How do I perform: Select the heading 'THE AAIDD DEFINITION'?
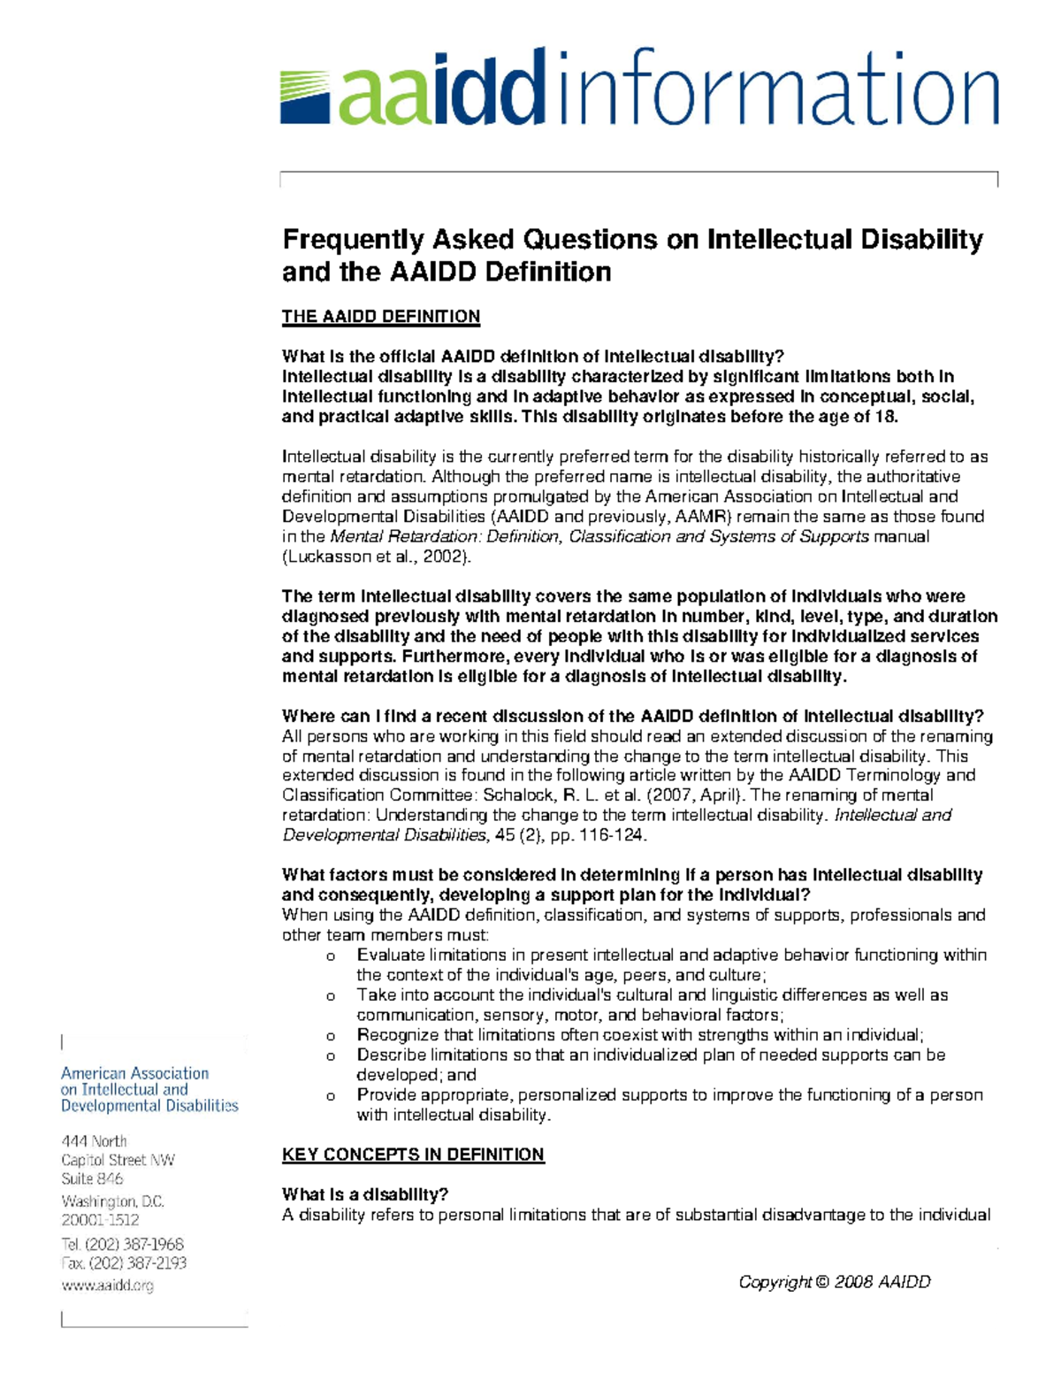pos(380,317)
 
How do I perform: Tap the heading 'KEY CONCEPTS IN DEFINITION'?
pos(413,1155)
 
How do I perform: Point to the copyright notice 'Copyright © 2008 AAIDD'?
pos(834,1282)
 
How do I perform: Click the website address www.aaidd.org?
pos(107,1286)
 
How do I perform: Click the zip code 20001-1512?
pos(100,1220)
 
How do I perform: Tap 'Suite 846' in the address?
pos(92,1178)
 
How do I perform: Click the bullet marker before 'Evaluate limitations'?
pos(331,956)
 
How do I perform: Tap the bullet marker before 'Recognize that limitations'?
pos(331,1036)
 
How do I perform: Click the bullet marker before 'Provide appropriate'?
pos(331,1096)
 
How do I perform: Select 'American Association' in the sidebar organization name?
pos(134,1073)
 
